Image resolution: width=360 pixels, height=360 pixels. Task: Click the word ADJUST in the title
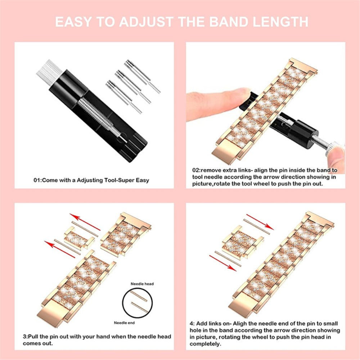(146, 22)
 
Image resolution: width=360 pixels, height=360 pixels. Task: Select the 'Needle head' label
(142, 284)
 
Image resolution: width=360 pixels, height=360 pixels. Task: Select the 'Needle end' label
(124, 323)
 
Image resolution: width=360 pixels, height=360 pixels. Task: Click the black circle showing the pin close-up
(138, 303)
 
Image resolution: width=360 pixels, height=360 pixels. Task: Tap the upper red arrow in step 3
(85, 222)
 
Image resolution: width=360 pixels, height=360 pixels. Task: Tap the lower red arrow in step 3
(60, 249)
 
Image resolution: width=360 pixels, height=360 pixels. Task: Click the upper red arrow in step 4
(260, 222)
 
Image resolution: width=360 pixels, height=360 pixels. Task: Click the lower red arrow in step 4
(223, 263)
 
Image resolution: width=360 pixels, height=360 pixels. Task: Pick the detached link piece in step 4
(243, 245)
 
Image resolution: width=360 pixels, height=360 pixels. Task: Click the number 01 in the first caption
(37, 180)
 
